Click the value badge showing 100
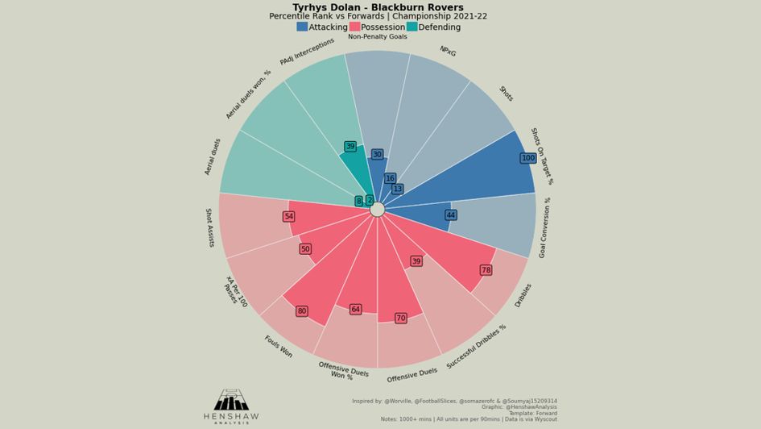(x=527, y=158)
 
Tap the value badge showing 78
(x=486, y=270)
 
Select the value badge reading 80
(x=301, y=311)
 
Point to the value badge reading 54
(x=288, y=216)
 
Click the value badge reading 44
(x=451, y=215)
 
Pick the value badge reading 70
(x=400, y=318)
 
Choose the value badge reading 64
(x=355, y=309)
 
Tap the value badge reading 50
(x=305, y=249)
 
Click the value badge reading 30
(x=377, y=155)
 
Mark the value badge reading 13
(x=397, y=189)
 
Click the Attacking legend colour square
(x=302, y=27)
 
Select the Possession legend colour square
(x=354, y=27)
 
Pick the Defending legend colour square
(x=412, y=27)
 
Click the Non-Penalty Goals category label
(x=378, y=36)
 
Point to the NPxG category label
(x=448, y=52)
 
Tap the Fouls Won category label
(x=279, y=347)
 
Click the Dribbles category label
(x=523, y=294)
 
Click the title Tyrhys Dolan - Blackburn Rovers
(x=378, y=7)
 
